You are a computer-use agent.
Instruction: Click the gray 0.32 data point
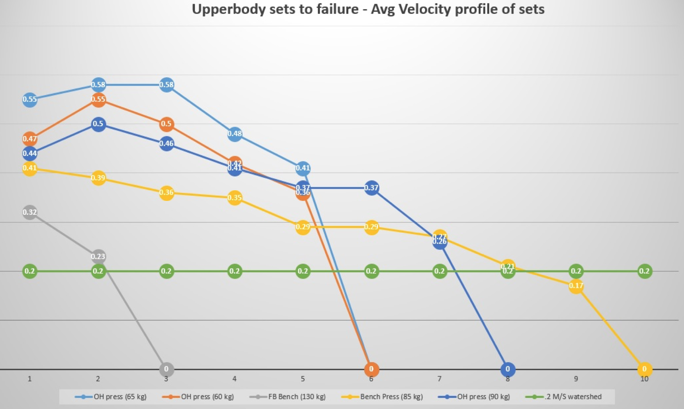tap(30, 212)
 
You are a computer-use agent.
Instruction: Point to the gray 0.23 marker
tap(98, 256)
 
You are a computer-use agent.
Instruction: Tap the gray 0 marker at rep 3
tap(166, 369)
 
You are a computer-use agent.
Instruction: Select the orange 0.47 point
tap(30, 139)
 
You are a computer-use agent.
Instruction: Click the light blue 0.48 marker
tap(234, 134)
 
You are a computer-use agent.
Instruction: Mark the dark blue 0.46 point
tap(166, 143)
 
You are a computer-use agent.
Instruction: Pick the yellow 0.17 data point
tap(576, 286)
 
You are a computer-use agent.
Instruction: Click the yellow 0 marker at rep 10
tap(644, 369)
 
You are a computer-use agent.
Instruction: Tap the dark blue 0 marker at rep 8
tap(507, 369)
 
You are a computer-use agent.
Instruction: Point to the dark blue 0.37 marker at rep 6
tap(371, 188)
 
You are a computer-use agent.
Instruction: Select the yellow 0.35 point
tap(234, 197)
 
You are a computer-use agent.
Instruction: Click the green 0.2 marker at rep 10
tap(644, 271)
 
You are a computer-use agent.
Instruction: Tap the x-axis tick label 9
tap(576, 379)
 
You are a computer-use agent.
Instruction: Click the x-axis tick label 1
tap(30, 379)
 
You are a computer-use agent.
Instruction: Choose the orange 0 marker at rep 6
tap(371, 369)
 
